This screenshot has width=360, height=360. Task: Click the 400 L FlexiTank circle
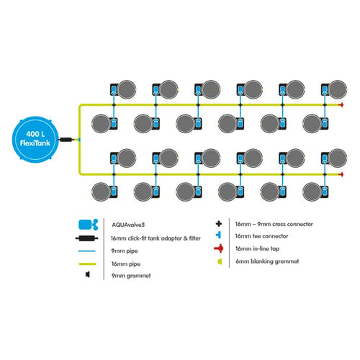click(35, 139)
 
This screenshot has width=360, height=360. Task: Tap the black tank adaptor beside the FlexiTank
click(66, 140)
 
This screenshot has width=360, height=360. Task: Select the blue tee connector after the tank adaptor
click(79, 140)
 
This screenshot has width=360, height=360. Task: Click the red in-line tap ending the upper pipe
click(341, 105)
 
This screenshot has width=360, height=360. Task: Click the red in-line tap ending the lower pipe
click(341, 174)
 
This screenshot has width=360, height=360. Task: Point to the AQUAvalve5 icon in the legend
click(88, 225)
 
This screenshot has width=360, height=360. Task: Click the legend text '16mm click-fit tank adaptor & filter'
click(156, 238)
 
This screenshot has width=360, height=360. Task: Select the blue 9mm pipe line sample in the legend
click(87, 251)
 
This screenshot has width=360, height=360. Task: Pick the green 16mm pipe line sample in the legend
click(87, 264)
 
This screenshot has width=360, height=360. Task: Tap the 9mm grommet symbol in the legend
click(88, 274)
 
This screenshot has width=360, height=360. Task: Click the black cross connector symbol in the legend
click(219, 224)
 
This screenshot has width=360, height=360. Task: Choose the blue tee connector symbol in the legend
click(218, 235)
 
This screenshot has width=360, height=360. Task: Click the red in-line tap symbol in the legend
click(219, 248)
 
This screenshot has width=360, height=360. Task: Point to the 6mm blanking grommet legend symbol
click(220, 261)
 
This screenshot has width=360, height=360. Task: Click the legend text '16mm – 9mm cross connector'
click(274, 224)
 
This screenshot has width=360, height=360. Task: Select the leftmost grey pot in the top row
click(127, 89)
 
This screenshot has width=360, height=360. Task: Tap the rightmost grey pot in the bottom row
click(312, 192)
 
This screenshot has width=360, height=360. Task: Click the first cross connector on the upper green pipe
click(114, 105)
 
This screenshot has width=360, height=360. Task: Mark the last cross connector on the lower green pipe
click(325, 174)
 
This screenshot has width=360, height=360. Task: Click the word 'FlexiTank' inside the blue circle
click(35, 143)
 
